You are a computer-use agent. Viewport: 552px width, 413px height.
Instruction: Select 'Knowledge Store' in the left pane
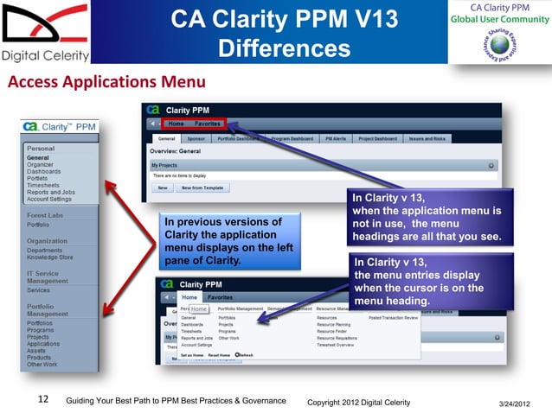point(49,257)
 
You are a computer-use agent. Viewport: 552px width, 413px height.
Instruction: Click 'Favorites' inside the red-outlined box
point(207,124)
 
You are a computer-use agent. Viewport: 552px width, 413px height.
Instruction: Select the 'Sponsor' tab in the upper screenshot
point(197,137)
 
